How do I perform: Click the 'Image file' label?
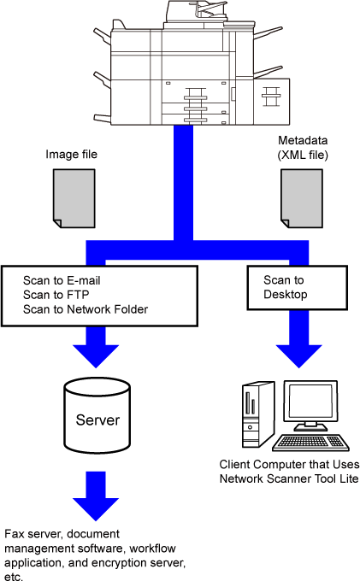pos(71,154)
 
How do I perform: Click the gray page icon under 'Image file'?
pos(74,198)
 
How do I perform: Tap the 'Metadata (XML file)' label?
pos(303,148)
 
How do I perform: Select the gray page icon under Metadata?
pos(302,198)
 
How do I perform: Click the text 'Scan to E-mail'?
pos(62,280)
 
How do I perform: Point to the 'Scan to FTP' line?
pos(56,295)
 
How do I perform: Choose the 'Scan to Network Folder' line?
pos(86,309)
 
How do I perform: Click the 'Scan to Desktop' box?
pos(298,288)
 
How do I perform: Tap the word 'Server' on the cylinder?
pos(97,420)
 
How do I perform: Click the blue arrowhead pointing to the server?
pos(96,355)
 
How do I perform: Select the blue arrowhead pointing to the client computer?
pos(298,355)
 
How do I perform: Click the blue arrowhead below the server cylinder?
pos(96,509)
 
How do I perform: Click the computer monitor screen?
pos(310,402)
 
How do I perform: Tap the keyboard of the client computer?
pos(310,443)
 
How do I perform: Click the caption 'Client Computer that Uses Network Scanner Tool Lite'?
pos(289,472)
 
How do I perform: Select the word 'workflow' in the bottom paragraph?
pos(152,549)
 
